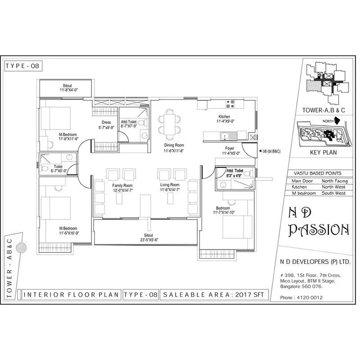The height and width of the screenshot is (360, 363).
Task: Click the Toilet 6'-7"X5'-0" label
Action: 59,168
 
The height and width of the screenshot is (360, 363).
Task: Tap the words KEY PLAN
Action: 324,153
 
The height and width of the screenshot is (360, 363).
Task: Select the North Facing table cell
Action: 334,181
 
